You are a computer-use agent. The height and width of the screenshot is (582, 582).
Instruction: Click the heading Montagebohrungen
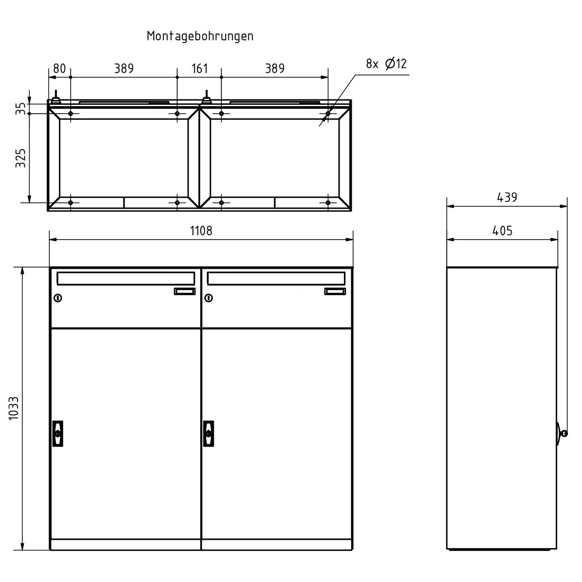pos(200,36)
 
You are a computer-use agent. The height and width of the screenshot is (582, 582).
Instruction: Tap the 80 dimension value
pos(59,68)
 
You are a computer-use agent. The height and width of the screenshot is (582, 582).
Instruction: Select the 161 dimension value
pos(199,68)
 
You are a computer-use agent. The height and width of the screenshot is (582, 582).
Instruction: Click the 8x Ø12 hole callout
pos(386,64)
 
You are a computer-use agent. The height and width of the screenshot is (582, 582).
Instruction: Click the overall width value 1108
pos(201,230)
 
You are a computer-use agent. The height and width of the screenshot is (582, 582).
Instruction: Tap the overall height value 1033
pos(14,408)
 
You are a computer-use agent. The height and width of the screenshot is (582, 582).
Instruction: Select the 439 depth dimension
pos(507,197)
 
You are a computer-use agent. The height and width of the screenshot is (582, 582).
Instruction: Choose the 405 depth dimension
pos(502,230)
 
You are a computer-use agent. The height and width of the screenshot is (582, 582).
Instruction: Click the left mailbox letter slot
pos(126,278)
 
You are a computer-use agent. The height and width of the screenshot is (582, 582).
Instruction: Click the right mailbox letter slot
pos(276,278)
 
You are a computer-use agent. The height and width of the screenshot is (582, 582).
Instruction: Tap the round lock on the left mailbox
pos(58,298)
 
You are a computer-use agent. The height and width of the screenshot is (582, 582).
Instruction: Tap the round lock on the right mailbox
pos(209,298)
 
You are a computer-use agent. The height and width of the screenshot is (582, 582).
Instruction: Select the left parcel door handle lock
pos(58,433)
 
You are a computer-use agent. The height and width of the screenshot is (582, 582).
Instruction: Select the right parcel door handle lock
pos(209,433)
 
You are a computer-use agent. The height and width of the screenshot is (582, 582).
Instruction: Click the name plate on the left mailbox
pos(184,291)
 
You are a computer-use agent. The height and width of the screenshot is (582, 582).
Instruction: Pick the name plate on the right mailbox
pos(335,291)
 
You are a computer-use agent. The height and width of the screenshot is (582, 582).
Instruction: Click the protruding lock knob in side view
pos(563,433)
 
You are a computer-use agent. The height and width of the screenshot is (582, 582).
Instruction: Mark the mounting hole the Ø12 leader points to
pos(328,113)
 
